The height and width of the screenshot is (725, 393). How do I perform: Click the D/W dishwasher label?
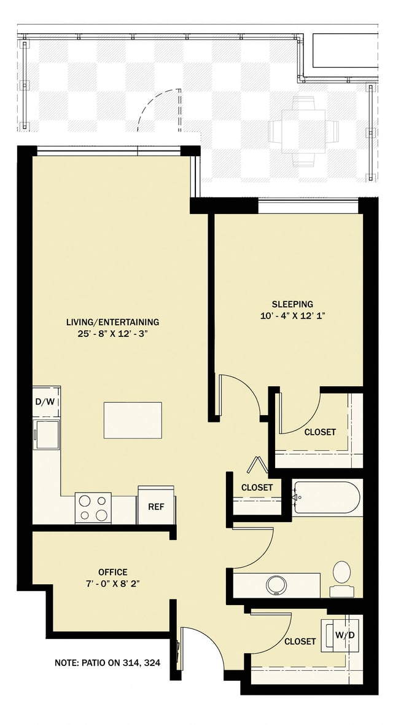click(46, 402)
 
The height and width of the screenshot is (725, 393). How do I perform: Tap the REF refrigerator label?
click(155, 507)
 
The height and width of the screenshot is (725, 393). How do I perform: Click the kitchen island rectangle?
click(133, 420)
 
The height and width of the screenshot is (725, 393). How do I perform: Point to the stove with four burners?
click(93, 507)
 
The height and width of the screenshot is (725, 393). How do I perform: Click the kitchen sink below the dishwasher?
click(46, 434)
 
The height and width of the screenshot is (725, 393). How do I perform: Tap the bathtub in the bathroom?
click(326, 497)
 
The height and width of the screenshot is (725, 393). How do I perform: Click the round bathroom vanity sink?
click(275, 585)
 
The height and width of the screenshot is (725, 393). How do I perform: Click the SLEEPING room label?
click(292, 304)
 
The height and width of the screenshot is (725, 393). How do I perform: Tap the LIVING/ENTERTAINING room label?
click(113, 322)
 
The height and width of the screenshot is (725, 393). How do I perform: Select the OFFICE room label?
click(113, 572)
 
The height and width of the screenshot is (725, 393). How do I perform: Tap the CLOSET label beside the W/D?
click(300, 641)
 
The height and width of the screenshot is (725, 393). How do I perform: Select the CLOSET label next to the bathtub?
click(257, 487)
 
